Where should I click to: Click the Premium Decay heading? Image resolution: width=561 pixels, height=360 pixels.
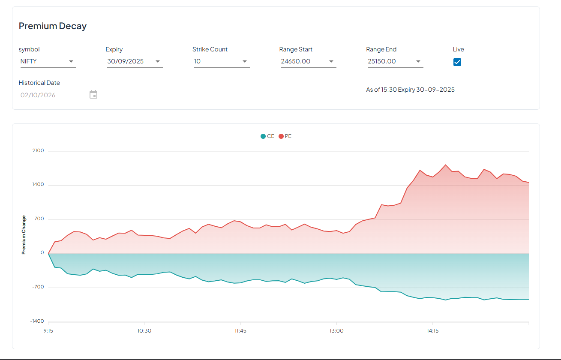53,26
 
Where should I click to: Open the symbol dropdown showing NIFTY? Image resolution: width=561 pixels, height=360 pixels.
48,61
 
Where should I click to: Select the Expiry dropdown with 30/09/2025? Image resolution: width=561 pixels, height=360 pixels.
135,61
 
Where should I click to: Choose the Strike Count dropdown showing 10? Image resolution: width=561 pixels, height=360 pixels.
221,61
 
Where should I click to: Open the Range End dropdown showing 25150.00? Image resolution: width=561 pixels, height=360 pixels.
395,61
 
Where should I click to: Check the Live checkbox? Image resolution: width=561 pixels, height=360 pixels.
457,62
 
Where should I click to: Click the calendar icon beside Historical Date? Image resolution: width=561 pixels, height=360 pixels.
93,95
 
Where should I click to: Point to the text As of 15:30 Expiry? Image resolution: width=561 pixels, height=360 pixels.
410,90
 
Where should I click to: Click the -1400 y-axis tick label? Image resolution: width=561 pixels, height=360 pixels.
37,321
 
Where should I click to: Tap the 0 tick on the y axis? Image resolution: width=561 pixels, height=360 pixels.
42,253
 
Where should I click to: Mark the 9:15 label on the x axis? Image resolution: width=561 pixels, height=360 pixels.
48,331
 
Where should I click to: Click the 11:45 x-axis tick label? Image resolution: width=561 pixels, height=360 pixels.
240,331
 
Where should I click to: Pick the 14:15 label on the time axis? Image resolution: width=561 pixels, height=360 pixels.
432,331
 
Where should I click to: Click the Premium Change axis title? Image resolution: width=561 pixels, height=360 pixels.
24,235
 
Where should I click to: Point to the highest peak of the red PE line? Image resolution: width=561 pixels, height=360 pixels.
446,165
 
